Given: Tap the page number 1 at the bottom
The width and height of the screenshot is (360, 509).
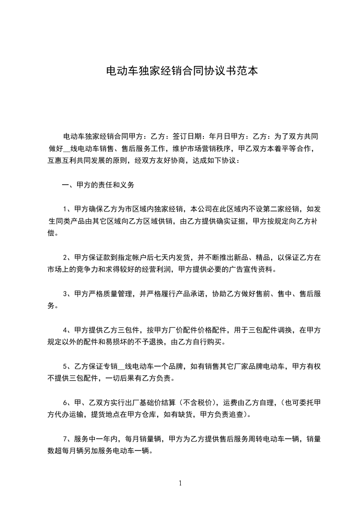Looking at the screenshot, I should [180, 483].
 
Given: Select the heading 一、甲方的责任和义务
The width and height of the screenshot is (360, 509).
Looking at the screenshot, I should [98, 185].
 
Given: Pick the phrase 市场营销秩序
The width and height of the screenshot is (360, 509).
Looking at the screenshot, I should [210, 148].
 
